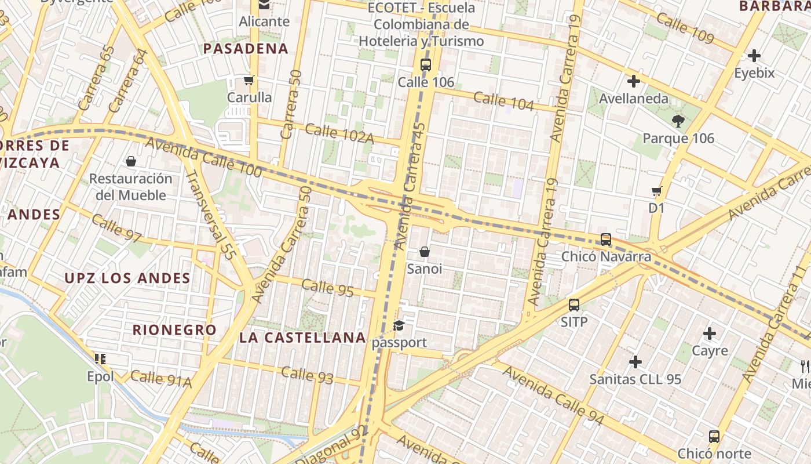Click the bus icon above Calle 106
pyautogui.click(x=426, y=64)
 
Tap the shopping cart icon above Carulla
pyautogui.click(x=249, y=80)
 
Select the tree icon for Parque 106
pyautogui.click(x=678, y=121)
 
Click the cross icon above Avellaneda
pyautogui.click(x=634, y=81)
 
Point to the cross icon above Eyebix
pyautogui.click(x=754, y=56)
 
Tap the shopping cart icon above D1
pyautogui.click(x=656, y=191)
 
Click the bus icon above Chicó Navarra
pyautogui.click(x=606, y=239)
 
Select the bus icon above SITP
pyautogui.click(x=574, y=304)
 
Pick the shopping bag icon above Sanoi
pyautogui.click(x=425, y=252)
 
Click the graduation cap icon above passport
pyautogui.click(x=399, y=325)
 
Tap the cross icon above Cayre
pyautogui.click(x=710, y=333)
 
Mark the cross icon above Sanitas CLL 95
pyautogui.click(x=635, y=362)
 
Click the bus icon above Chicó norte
pyautogui.click(x=714, y=436)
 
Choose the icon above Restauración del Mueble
pyautogui.click(x=131, y=161)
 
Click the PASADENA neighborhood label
pyautogui.click(x=246, y=49)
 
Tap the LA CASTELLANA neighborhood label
pyautogui.click(x=302, y=338)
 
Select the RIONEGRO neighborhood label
pyautogui.click(x=174, y=330)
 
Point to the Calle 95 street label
pyautogui.click(x=327, y=288)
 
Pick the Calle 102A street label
pyautogui.click(x=339, y=133)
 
